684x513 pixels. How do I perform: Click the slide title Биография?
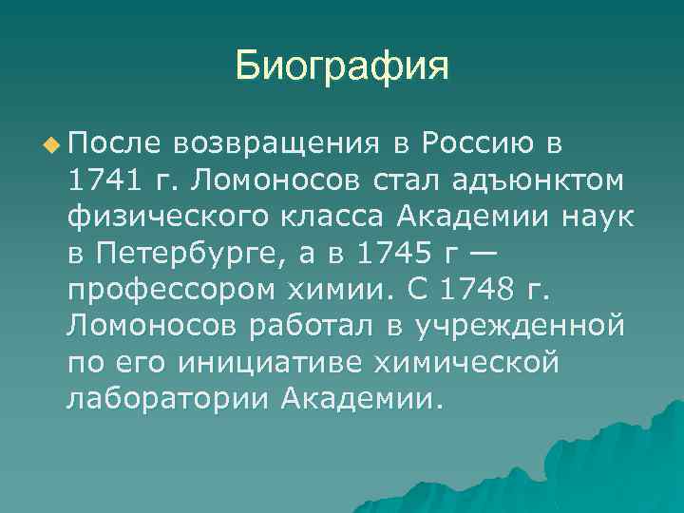pos(341,66)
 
